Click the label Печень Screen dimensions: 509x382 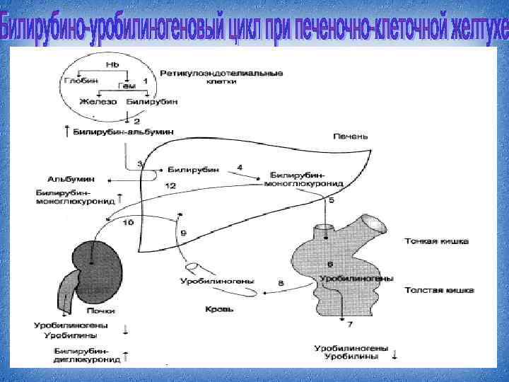(351, 137)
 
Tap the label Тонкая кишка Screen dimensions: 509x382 (436, 242)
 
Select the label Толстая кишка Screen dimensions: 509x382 (439, 290)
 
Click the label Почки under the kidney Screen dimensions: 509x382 (101, 311)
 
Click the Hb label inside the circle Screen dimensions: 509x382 (112, 64)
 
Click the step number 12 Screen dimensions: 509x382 (170, 185)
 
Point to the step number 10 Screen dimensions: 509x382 (129, 223)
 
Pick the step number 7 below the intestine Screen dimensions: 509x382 (349, 325)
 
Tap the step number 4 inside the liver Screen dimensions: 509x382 (240, 167)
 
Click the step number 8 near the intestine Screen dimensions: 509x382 (281, 284)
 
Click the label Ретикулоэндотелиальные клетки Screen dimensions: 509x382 (221, 77)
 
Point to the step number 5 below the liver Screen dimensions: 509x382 (332, 201)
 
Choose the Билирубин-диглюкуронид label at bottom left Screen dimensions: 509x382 (82, 354)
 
